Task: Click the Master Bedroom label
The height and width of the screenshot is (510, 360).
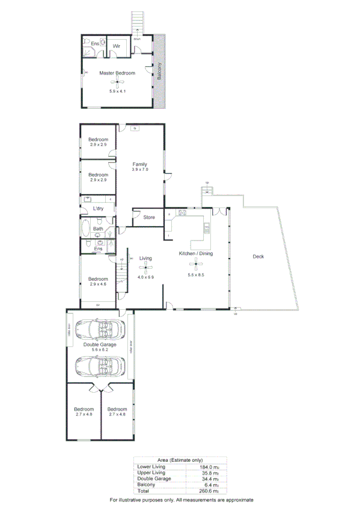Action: [x=117, y=73]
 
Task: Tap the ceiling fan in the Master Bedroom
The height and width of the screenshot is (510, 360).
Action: [x=119, y=82]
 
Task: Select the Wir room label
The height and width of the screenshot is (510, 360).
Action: [x=117, y=46]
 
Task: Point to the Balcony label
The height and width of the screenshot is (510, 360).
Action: [x=159, y=72]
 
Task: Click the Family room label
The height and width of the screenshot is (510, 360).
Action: [x=139, y=164]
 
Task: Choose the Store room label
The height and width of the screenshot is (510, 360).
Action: [x=149, y=217]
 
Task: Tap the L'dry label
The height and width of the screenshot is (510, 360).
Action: [x=98, y=209]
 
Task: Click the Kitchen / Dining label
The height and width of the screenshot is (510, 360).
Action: [x=196, y=254]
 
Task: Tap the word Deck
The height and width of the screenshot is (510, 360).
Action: [x=258, y=257]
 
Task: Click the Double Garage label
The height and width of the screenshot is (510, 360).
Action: [x=100, y=344]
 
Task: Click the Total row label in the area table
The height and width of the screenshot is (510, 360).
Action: [x=144, y=490]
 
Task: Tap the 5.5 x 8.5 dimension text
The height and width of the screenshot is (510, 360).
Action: [x=197, y=274]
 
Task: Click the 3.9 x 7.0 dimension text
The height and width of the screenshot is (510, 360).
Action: [x=139, y=170]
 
